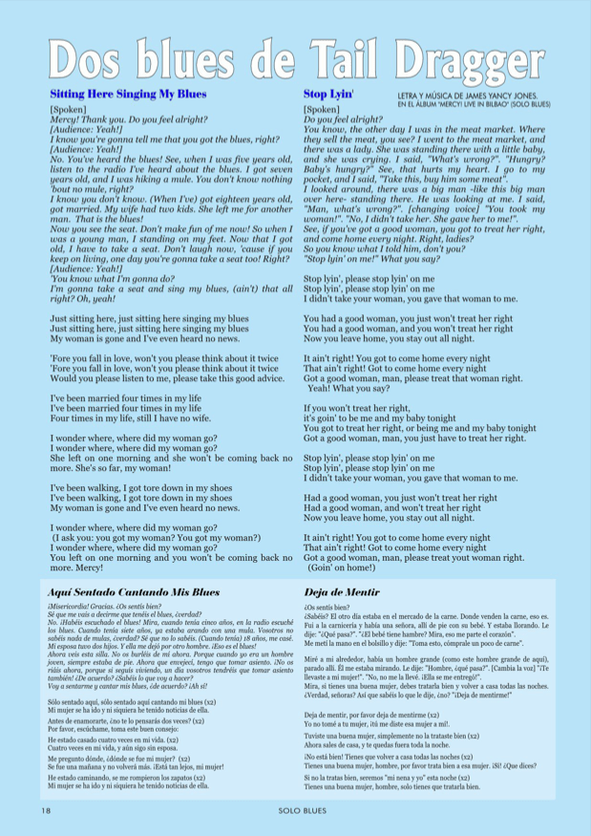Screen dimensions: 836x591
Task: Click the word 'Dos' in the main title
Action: [94, 58]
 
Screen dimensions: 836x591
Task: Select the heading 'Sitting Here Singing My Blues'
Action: [128, 95]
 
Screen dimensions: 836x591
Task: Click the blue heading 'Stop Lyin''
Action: [328, 95]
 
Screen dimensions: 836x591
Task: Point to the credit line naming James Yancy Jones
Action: [467, 96]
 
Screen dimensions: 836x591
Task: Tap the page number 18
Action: [45, 811]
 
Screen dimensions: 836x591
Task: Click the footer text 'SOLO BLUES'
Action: [296, 811]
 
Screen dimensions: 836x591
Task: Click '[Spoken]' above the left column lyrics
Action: [68, 110]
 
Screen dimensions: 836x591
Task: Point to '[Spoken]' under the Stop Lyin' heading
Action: [322, 110]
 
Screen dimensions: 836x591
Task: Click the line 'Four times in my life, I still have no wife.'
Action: [139, 418]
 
